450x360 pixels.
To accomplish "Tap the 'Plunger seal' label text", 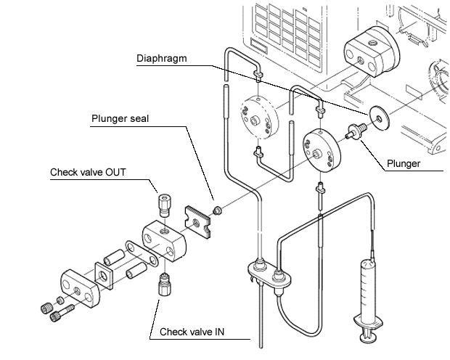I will point(120,118).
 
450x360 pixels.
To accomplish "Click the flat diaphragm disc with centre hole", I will point(377,115).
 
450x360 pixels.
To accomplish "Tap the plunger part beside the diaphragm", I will point(356,133).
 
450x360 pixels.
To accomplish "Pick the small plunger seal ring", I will point(216,210).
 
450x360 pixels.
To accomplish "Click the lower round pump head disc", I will point(319,150).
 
